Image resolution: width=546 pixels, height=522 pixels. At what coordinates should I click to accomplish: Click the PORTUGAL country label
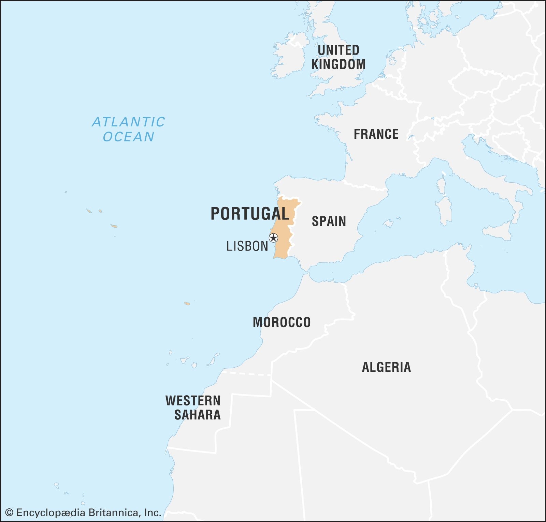coord(250,214)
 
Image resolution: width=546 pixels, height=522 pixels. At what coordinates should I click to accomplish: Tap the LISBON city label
coord(247,246)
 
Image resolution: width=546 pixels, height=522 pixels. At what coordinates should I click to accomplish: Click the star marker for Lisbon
coord(273,238)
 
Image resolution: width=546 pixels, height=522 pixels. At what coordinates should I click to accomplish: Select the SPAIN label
coord(329,221)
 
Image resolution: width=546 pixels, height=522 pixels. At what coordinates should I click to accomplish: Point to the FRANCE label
coord(376,134)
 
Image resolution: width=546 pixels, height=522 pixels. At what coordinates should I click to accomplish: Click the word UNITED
coord(338,50)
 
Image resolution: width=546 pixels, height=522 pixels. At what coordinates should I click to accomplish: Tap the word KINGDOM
coord(338,64)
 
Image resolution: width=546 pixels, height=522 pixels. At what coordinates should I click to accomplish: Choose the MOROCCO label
coord(282,322)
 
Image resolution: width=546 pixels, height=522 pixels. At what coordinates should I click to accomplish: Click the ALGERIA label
coord(386,367)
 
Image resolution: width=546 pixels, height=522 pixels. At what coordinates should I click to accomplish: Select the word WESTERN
coord(193,401)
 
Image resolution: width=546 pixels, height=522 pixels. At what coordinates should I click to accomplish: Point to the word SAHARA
coord(197,415)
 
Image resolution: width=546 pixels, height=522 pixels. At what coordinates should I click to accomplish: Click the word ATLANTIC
coord(129,122)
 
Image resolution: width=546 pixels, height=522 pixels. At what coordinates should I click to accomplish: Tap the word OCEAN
coord(129,137)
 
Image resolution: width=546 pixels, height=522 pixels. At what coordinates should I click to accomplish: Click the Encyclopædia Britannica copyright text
coord(83,513)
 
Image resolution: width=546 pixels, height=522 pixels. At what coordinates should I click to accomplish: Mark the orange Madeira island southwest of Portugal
coord(187,303)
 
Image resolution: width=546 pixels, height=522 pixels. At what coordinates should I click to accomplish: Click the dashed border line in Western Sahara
coord(246,373)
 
